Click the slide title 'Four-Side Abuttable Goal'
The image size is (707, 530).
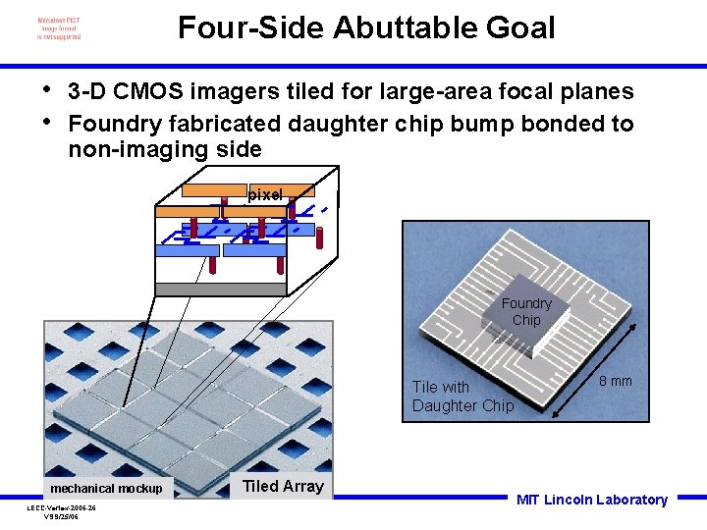(x=366, y=27)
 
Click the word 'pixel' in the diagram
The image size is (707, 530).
(x=265, y=195)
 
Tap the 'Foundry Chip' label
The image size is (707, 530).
(x=526, y=311)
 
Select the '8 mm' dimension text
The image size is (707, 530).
(x=616, y=381)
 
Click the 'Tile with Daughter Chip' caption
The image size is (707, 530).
(x=462, y=397)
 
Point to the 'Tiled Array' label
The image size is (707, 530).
(x=283, y=486)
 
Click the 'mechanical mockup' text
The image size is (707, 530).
(x=106, y=488)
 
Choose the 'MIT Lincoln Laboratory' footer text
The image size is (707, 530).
(x=591, y=500)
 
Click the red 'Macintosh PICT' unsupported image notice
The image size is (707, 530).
(x=59, y=28)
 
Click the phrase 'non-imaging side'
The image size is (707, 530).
(x=165, y=149)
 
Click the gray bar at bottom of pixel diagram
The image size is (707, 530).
(x=221, y=289)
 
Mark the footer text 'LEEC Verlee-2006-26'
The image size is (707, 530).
(x=61, y=507)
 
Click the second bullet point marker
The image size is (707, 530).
(x=46, y=121)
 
